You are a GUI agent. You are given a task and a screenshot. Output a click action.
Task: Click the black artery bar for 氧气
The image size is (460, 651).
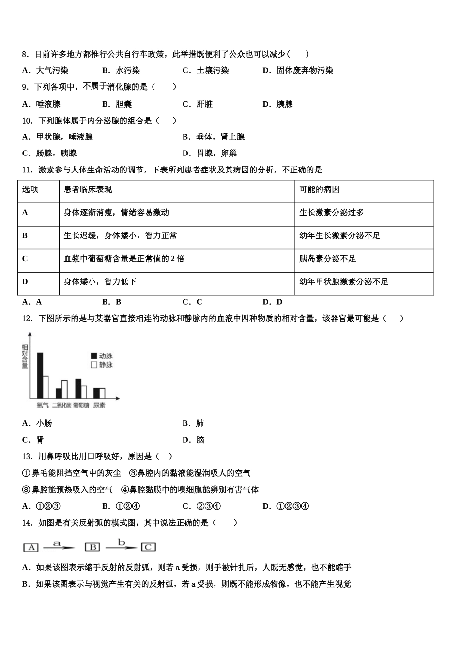(40, 375)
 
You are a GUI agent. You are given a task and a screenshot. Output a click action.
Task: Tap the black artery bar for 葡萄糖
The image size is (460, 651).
(78, 388)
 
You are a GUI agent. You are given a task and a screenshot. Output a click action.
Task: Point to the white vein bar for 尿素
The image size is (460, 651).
(102, 393)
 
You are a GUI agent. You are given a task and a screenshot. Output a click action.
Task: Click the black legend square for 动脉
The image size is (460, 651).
(94, 356)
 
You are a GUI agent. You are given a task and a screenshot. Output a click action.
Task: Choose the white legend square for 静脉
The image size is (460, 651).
(94, 365)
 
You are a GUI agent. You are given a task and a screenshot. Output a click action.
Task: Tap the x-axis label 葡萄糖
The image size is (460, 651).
(81, 405)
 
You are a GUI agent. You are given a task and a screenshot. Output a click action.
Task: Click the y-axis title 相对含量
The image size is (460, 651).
(25, 356)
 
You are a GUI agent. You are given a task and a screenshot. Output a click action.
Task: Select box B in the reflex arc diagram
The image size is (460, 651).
(92, 547)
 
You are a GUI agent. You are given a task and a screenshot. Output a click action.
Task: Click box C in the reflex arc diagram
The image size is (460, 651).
(148, 547)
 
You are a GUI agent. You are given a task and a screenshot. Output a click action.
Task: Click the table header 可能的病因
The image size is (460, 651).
(319, 189)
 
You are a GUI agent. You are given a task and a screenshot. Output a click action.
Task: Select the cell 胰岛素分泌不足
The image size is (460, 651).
(327, 259)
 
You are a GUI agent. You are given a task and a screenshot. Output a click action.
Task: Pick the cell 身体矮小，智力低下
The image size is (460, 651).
(100, 281)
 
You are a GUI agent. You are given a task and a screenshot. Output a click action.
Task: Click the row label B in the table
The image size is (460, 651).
(25, 235)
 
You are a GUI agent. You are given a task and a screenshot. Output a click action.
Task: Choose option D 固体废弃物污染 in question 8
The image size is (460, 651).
(304, 71)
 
